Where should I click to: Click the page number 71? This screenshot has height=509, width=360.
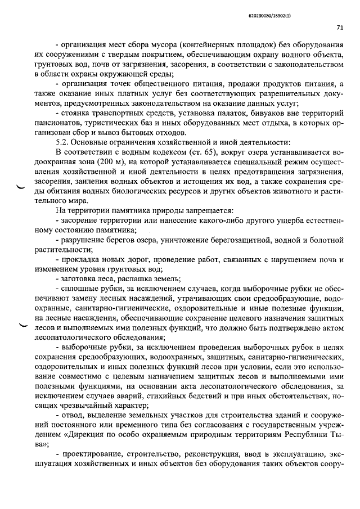[340, 26]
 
